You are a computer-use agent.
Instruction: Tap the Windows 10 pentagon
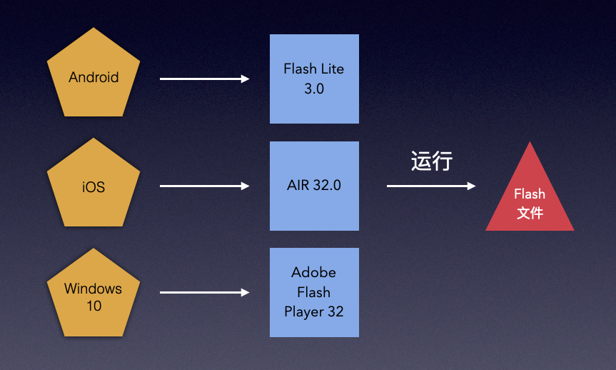(x=94, y=294)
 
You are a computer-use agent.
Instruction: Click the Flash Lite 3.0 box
(x=314, y=79)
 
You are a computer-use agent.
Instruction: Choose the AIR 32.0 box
(x=314, y=186)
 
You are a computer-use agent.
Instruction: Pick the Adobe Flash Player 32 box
(x=314, y=292)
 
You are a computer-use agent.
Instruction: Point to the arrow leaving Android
(x=204, y=79)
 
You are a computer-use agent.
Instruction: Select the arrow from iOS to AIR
(x=204, y=186)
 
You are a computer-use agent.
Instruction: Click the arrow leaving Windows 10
(x=204, y=292)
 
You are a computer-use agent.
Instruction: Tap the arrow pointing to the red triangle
(x=430, y=186)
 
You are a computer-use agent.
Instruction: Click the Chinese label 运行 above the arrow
(x=432, y=161)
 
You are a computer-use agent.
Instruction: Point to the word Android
(x=94, y=77)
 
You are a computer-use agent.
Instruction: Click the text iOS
(x=94, y=187)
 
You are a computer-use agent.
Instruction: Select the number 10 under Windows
(x=94, y=306)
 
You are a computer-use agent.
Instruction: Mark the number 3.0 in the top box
(x=314, y=89)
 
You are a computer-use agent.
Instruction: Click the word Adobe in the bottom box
(x=314, y=273)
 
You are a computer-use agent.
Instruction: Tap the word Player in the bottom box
(x=304, y=311)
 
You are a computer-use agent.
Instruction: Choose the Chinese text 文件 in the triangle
(x=530, y=213)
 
